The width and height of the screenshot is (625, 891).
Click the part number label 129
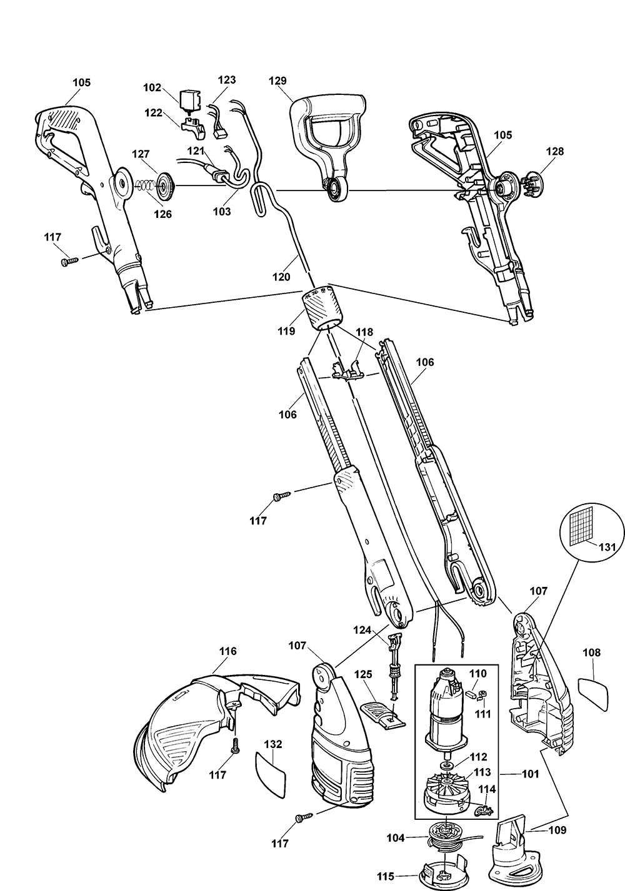pos(277,81)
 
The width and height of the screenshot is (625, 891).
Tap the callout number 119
pos(287,332)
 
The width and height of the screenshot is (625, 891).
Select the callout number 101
pos(529,775)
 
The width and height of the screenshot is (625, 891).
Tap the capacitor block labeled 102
pos(187,101)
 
